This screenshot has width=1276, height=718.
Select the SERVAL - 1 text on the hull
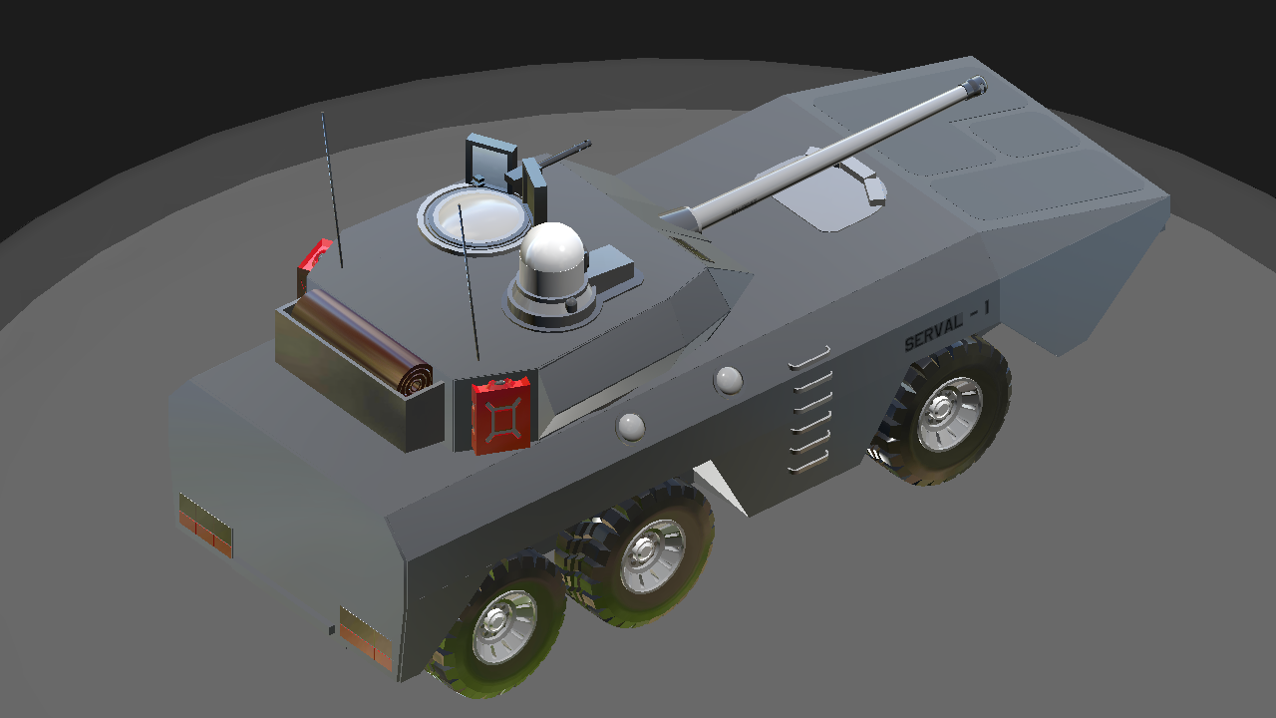coord(947,326)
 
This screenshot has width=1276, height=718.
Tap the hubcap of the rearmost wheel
coord(504,625)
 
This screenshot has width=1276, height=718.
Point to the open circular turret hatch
coord(476,218)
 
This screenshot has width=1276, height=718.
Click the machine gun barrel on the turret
coord(561,153)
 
